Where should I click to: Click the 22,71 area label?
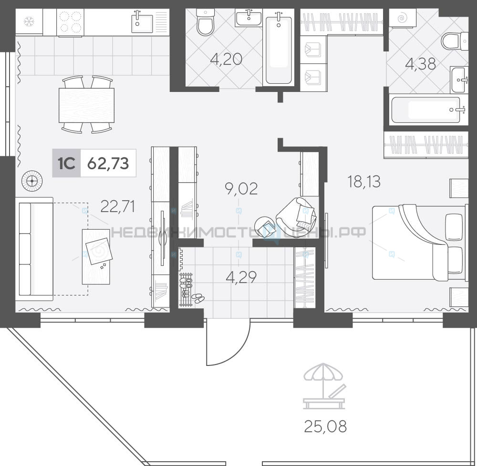point(117,207)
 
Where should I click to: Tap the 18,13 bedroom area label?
point(364,182)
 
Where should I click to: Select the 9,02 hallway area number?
point(241,188)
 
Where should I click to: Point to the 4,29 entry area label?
point(241,277)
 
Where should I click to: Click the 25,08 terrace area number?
point(325,426)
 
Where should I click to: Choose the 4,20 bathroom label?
point(226,59)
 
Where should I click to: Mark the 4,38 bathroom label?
point(421,64)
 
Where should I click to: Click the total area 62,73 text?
point(108,163)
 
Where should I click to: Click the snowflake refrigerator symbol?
point(29,21)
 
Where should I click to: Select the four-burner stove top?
point(70,22)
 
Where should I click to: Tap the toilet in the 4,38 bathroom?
point(455,41)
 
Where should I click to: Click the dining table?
point(86,105)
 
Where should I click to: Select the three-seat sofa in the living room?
point(34,249)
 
